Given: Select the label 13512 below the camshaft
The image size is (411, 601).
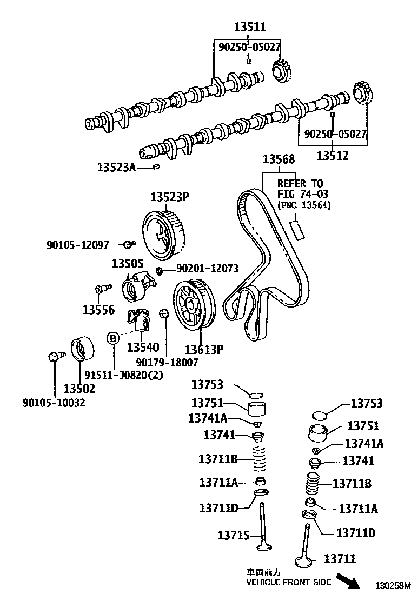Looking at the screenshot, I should click(333, 156).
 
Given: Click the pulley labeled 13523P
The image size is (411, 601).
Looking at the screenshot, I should click(163, 232).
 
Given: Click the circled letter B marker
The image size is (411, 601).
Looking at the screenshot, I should click(113, 338).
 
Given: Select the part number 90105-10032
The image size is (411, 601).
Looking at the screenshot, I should click(54, 403).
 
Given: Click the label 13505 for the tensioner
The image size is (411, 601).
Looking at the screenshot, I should click(128, 264).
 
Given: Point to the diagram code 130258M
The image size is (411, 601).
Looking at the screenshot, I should click(394, 585).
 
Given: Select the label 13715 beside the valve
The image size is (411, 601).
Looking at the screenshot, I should click(234, 536).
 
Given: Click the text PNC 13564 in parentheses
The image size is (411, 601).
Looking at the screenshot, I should click(303, 205).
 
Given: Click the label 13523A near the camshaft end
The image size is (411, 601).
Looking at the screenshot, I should click(116, 167).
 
